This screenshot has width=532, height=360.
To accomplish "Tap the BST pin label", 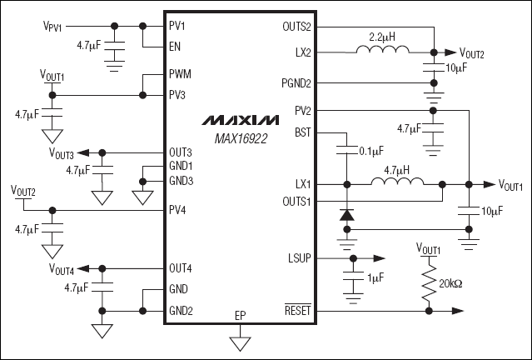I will pos(303,131).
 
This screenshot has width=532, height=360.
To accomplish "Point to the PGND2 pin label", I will pos(296,82).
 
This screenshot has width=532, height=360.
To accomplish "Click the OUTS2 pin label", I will pos(297,25).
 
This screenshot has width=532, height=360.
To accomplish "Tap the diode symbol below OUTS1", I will pos(345,214).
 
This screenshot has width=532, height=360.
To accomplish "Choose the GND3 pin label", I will pos(181,181).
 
